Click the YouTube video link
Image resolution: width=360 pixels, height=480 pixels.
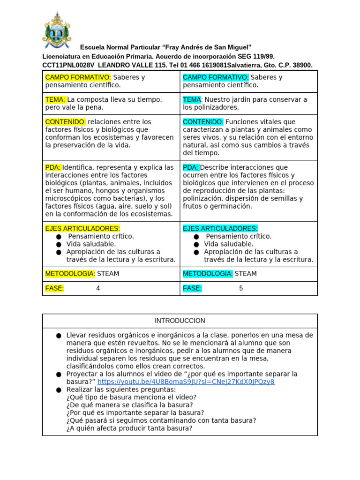(x=186, y=382)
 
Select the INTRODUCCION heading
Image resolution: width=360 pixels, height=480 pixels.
(x=180, y=321)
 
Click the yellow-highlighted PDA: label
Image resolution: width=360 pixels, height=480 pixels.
(x=53, y=167)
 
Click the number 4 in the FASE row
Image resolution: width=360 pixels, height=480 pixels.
(x=98, y=288)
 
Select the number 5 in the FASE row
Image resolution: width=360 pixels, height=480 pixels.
(x=241, y=288)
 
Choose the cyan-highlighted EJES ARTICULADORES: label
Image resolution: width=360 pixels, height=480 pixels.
(x=220, y=228)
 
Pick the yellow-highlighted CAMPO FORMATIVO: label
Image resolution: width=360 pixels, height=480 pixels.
(x=78, y=77)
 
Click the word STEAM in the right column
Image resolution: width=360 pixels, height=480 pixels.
(x=246, y=274)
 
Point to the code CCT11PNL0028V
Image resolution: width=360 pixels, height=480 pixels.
(x=68, y=66)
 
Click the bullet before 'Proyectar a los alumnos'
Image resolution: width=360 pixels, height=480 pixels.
(x=58, y=375)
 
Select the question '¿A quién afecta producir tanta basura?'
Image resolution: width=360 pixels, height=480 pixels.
(x=129, y=428)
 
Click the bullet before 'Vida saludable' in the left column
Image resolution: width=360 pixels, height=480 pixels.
(x=58, y=244)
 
